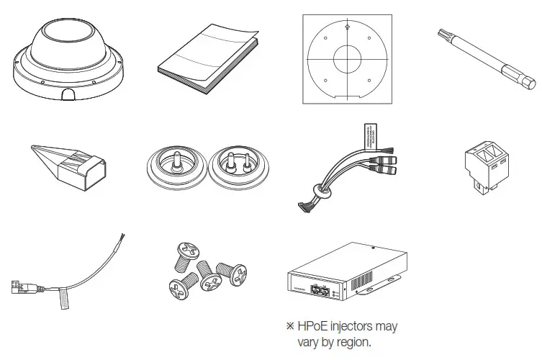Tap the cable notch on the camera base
click(68, 94)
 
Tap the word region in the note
click(354, 342)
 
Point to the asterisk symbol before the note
click(291, 326)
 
